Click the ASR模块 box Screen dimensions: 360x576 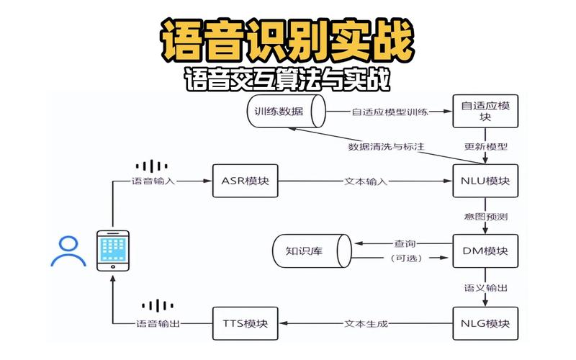coord(245,181)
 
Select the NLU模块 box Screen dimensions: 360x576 coord(486,181)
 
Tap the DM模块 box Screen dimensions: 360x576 coord(486,251)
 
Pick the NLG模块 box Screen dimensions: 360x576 coord(486,323)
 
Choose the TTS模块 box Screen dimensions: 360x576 coord(245,323)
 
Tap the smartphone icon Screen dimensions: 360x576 coord(113,250)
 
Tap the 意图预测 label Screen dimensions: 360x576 coord(486,216)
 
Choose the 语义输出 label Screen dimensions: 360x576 coord(486,287)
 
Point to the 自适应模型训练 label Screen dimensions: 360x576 coord(390,112)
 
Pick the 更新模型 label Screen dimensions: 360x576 coord(486,146)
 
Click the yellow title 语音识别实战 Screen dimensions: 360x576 coord(287,42)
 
